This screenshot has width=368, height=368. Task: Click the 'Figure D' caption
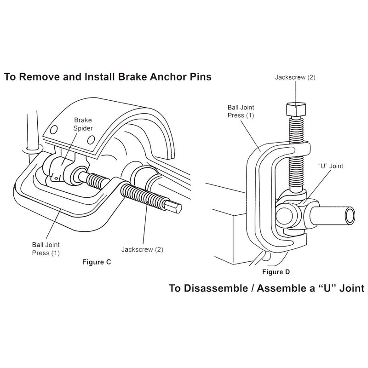pyautogui.click(x=276, y=272)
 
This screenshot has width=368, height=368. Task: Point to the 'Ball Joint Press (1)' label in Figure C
pyautogui.click(x=46, y=249)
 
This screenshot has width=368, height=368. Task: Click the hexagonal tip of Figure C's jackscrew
pyautogui.click(x=174, y=210)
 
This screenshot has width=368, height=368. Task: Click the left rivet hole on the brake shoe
pyautogui.click(x=56, y=128)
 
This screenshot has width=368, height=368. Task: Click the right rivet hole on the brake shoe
pyautogui.click(x=91, y=139)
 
